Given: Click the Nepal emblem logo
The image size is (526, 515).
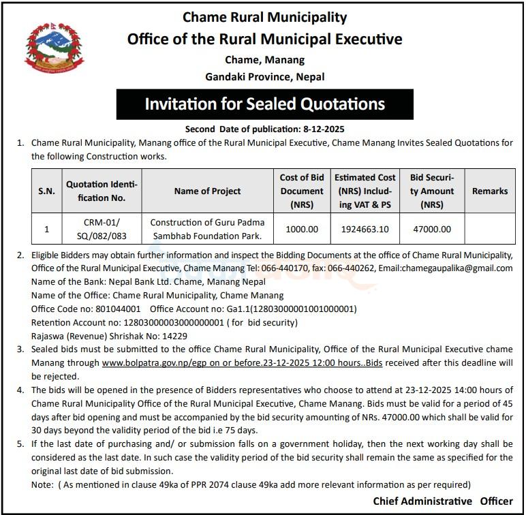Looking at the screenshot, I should (45, 48).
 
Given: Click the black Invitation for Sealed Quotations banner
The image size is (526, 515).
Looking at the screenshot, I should (264, 104).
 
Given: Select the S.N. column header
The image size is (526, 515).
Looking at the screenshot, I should (46, 191).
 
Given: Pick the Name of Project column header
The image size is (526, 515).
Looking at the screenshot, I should (207, 191).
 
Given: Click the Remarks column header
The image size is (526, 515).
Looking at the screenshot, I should (489, 191).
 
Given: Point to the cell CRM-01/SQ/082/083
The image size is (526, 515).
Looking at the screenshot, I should (101, 230).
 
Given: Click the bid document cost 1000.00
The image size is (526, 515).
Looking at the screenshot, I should (302, 230).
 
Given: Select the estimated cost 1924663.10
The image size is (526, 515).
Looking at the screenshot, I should (365, 230).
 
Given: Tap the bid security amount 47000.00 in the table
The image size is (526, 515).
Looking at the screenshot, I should (431, 230).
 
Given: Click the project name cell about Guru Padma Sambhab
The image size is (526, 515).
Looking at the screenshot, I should (207, 230).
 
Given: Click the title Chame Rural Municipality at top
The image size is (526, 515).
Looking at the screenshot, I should (264, 17).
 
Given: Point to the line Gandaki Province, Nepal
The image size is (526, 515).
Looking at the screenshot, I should (264, 76).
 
